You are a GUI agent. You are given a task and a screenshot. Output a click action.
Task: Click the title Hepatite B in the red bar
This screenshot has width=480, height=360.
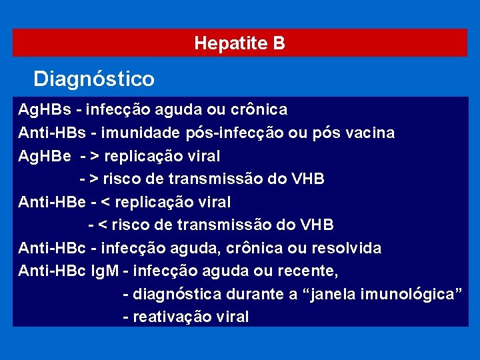coord(239,43)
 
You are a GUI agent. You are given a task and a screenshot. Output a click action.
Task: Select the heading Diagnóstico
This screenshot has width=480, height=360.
coord(94,79)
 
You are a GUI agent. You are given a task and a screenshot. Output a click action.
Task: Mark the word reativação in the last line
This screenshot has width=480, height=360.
coord(165,317)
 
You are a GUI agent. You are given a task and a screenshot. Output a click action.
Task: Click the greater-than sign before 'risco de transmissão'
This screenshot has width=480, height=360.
coord(94,179)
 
